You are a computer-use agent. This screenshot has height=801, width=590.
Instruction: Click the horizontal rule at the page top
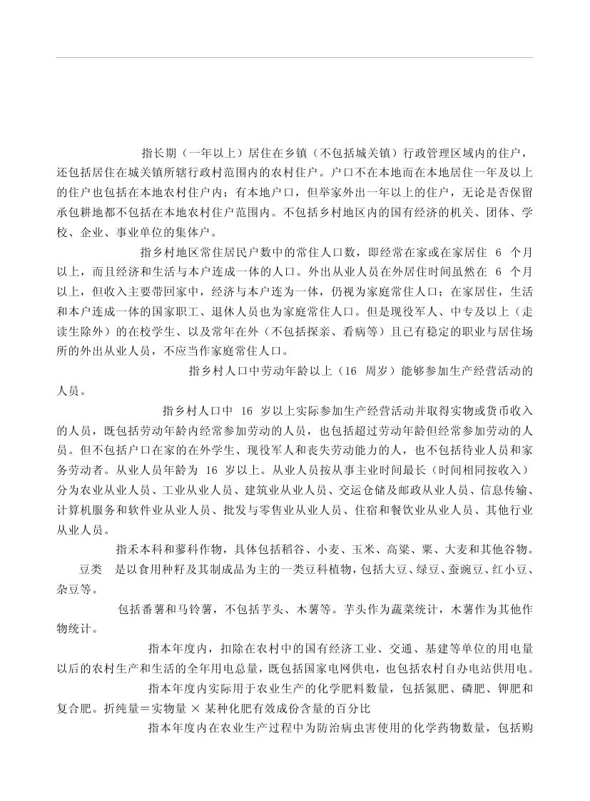point(295,57)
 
